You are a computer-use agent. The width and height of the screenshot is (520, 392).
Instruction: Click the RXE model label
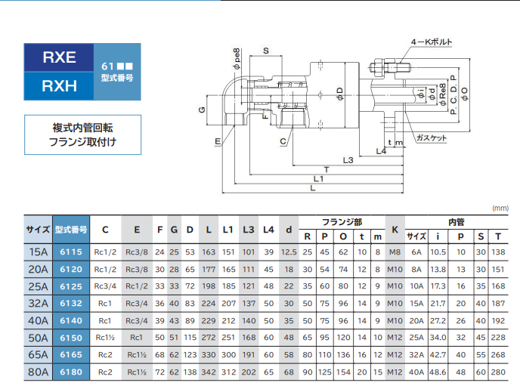coord(60,57)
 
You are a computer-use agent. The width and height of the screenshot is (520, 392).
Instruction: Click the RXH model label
coord(60,86)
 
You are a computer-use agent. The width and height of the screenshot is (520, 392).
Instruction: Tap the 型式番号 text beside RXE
coord(117,77)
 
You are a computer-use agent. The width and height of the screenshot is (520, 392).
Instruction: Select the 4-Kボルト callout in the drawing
coord(432,43)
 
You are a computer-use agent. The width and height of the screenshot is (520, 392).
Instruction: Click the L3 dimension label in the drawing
coord(348,160)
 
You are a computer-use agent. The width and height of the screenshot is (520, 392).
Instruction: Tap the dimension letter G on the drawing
coord(202,111)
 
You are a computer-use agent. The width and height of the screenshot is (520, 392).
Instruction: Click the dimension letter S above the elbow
coord(266,51)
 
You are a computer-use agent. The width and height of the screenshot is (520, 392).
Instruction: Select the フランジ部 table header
coord(342,222)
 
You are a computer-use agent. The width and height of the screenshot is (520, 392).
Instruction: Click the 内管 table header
coord(456,222)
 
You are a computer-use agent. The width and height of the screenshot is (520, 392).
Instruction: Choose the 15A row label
coord(37,251)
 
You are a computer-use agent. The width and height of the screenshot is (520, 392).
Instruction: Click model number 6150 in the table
coord(70,338)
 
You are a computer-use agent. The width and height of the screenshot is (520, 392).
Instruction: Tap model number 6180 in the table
coord(70,372)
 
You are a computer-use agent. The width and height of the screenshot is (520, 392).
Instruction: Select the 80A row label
coord(37,372)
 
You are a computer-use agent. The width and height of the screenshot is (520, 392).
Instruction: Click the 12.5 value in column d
coord(288,251)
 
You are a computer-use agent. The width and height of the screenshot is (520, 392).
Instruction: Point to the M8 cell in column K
coord(395,251)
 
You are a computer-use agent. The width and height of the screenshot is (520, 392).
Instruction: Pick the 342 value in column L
coord(208,372)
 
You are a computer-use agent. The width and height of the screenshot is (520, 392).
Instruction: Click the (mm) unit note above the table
coord(500,207)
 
